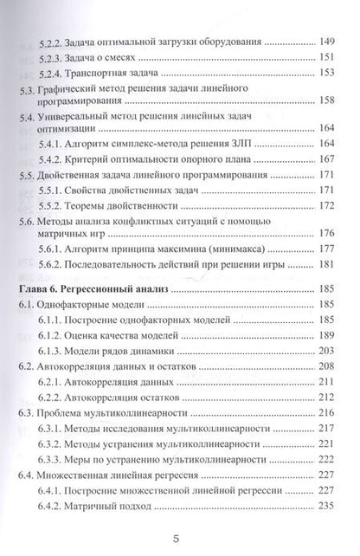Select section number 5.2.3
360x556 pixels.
pyautogui.click(x=54, y=57)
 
